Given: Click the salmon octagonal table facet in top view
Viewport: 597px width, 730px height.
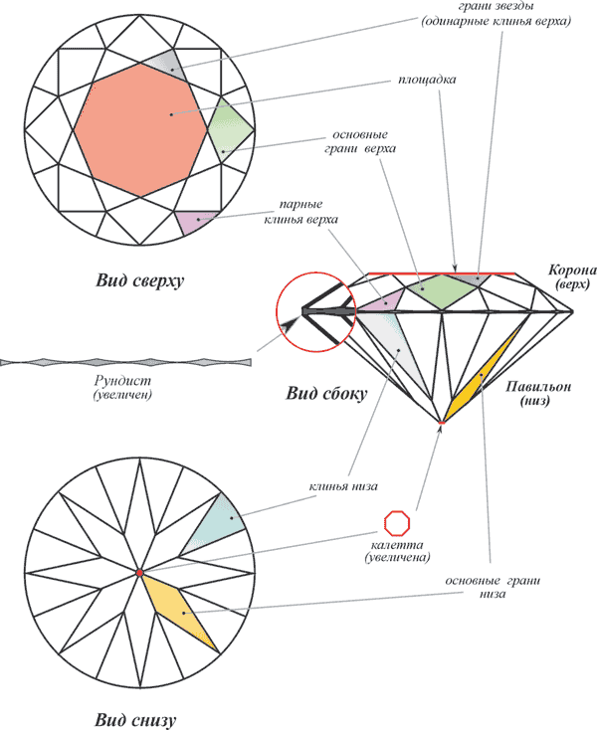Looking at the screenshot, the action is pyautogui.click(x=139, y=130).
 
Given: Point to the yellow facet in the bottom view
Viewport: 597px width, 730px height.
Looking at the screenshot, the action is pyautogui.click(x=179, y=609).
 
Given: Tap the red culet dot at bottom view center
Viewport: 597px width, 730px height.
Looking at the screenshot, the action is pyautogui.click(x=139, y=573).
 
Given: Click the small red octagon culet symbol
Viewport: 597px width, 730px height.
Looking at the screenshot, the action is pyautogui.click(x=397, y=523).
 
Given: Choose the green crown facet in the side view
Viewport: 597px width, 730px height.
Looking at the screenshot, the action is pyautogui.click(x=443, y=291).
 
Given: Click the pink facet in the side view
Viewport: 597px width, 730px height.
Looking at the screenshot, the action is pyautogui.click(x=382, y=301).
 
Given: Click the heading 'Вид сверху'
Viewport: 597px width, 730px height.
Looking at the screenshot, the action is pyautogui.click(x=139, y=280).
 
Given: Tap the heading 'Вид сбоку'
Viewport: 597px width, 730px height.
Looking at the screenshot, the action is pyautogui.click(x=326, y=394).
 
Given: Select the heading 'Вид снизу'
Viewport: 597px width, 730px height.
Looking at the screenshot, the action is pyautogui.click(x=135, y=719).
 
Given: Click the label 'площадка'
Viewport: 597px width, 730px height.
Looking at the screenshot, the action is pyautogui.click(x=427, y=80).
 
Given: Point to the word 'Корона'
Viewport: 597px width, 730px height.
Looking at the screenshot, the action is pyautogui.click(x=572, y=271).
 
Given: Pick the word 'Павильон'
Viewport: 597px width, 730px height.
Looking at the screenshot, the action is pyautogui.click(x=538, y=387).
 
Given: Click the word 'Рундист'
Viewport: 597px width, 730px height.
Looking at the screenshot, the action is pyautogui.click(x=122, y=381).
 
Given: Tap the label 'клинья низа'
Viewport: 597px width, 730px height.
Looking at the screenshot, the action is pyautogui.click(x=343, y=486).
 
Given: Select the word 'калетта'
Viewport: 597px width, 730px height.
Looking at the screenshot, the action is pyautogui.click(x=397, y=545).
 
